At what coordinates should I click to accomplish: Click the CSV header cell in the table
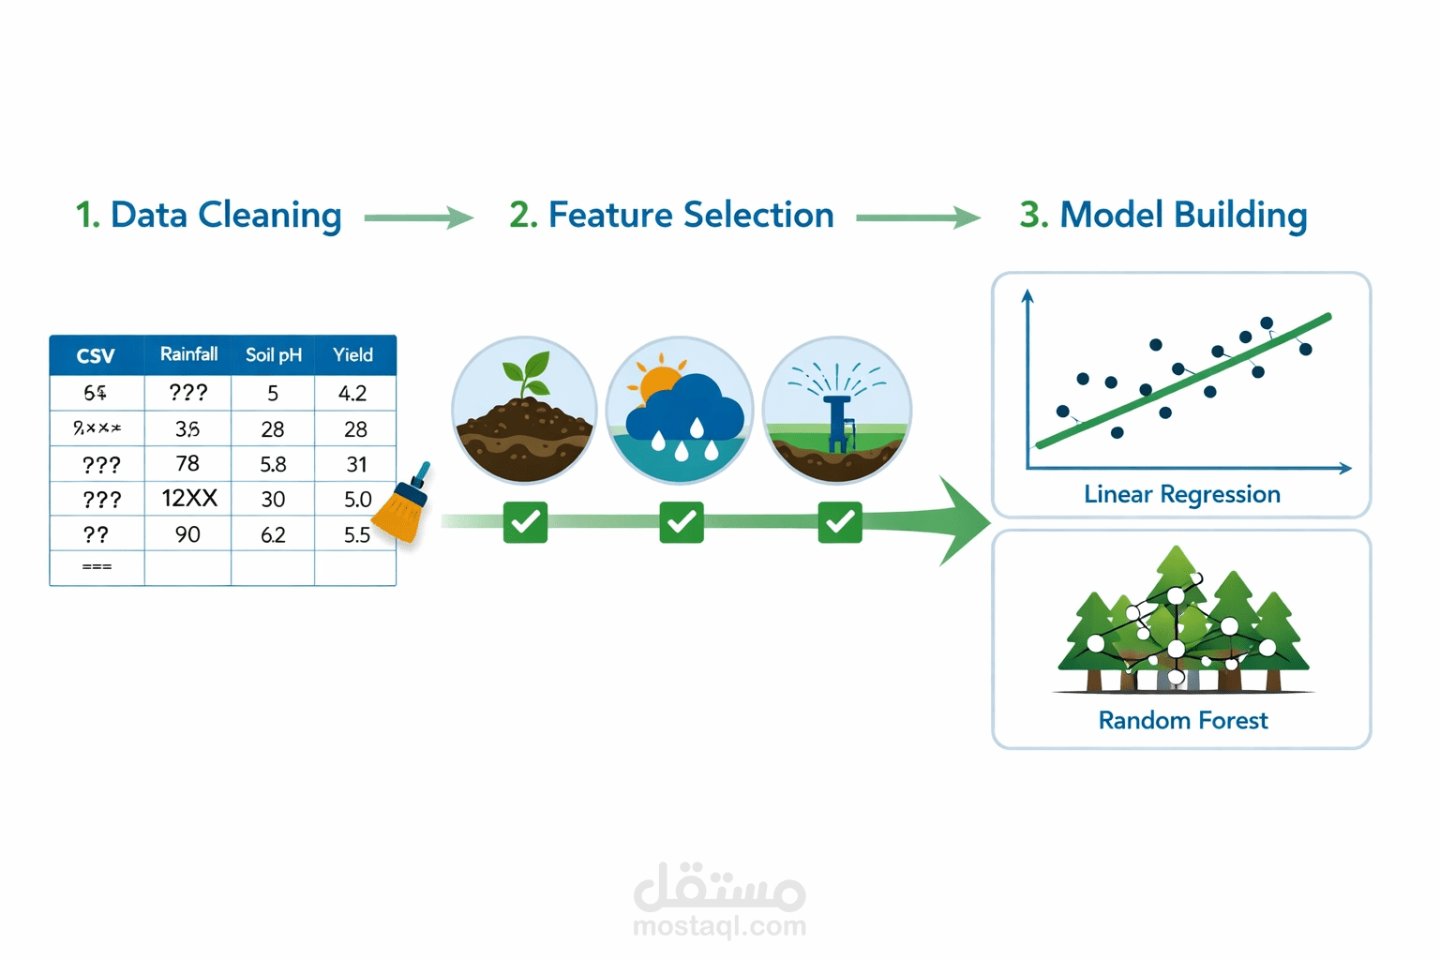[96, 355]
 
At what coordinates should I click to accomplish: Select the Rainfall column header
[188, 354]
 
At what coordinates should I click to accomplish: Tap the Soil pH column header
[273, 355]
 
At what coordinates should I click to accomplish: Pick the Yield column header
[352, 355]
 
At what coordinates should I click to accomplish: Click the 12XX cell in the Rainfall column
[188, 499]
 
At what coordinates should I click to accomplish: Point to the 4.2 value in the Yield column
[352, 393]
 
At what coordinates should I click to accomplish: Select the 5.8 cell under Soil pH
[273, 464]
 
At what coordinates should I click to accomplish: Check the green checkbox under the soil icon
[525, 522]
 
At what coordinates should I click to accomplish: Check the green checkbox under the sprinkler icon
[839, 522]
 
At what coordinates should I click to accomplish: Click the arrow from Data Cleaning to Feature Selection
[418, 217]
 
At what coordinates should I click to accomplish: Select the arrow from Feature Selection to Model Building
[917, 217]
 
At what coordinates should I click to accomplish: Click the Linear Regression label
[1181, 494]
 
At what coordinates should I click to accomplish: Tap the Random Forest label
[1182, 720]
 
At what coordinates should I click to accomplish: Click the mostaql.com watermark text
[719, 926]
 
